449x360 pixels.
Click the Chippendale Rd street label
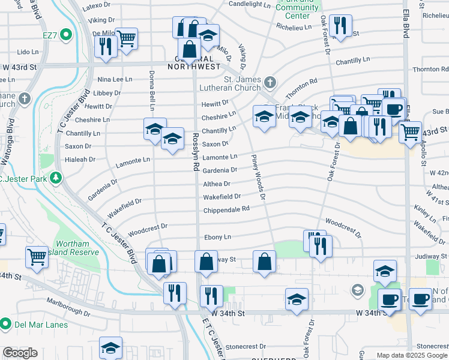coord(226,209)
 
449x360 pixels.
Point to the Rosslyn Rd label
coord(196,153)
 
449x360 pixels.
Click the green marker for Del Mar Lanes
coord(6,324)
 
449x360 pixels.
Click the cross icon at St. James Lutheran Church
coord(271,82)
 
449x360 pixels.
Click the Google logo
coord(20,353)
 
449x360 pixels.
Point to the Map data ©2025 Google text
coord(412,355)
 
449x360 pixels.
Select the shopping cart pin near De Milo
coord(127,39)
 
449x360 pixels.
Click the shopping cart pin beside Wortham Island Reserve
coord(37,256)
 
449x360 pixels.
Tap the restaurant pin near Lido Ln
coord(106,46)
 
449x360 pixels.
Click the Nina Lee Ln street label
coord(115,79)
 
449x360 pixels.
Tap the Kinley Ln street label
coord(425,212)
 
